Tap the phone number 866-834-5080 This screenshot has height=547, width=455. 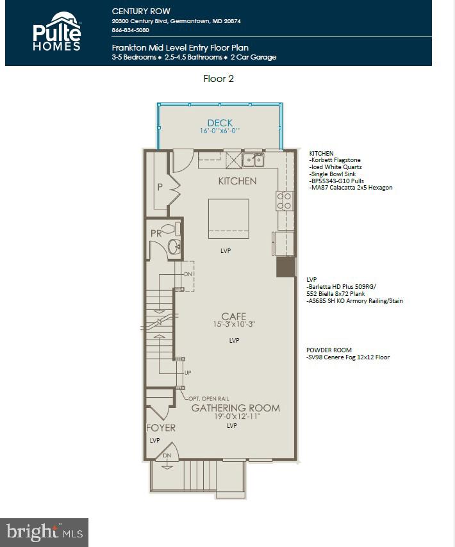tap(130, 30)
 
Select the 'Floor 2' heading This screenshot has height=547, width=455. tap(218, 79)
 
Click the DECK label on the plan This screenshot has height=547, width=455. tap(219, 123)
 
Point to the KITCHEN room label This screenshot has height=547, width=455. tap(237, 181)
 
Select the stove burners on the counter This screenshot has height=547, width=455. tap(284, 201)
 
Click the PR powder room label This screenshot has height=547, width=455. tap(156, 233)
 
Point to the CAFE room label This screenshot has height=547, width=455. tap(234, 316)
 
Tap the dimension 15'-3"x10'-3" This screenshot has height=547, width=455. tap(234, 325)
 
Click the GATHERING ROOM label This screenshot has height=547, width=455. tap(235, 408)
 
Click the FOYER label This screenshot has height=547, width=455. tap(160, 428)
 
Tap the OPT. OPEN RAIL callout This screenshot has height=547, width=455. tap(208, 398)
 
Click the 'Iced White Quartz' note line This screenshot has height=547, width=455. tap(336, 167)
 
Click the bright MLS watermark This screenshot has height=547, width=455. tap(44, 532)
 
